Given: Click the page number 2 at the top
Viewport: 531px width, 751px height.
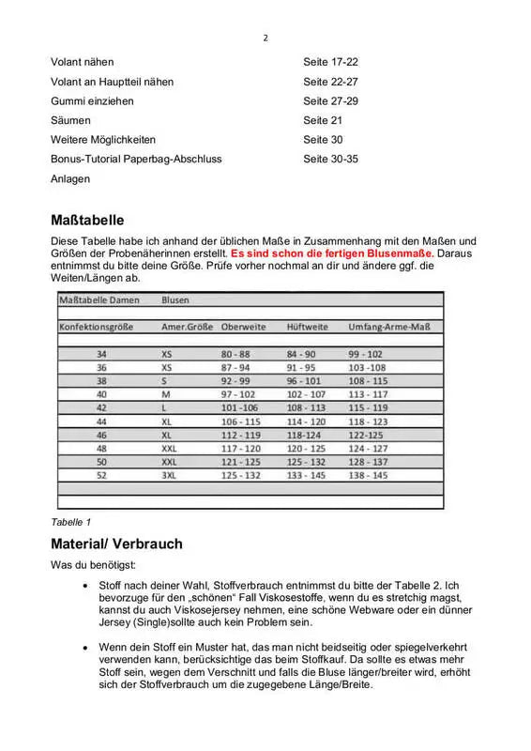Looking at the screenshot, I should point(265,38).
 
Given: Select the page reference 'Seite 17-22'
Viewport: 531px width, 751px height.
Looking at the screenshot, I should point(330,62).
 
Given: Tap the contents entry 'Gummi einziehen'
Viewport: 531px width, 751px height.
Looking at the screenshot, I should point(92,100).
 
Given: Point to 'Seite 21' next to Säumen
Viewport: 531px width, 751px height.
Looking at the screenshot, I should point(324,120).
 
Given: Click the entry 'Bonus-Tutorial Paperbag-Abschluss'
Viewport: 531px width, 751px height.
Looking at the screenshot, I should point(136,159).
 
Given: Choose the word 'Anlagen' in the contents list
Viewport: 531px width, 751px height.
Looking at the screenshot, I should point(70,178).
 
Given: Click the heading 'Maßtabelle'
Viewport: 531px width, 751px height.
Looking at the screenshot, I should point(87,222).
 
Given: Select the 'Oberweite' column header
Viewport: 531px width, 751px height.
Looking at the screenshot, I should point(243,327).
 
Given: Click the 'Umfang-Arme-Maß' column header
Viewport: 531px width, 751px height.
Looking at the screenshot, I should point(388,327).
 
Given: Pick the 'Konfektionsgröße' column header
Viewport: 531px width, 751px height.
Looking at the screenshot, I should point(96,327).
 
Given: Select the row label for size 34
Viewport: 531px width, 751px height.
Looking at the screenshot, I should point(101,354).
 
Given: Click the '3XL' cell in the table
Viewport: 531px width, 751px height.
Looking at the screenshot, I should point(170,476).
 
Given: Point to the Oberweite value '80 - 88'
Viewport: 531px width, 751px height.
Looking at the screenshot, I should point(235,354).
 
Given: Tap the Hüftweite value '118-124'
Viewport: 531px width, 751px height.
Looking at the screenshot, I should point(305,436).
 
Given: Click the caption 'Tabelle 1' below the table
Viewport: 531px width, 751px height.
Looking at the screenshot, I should point(70,521).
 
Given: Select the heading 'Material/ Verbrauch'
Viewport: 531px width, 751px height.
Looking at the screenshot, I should point(116,544).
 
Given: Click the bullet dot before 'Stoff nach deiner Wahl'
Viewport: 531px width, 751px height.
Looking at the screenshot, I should point(86,585).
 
